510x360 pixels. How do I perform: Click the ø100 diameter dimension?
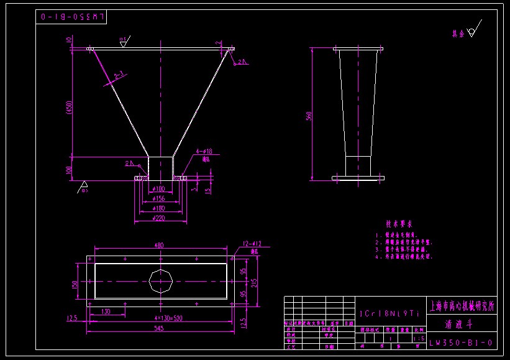pos(160,188)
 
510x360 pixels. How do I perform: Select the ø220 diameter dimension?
pos(160,218)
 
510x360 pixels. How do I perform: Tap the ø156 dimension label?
pos(160,198)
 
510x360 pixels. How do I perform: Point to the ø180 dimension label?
pos(160,208)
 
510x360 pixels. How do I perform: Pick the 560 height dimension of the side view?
pos(308,116)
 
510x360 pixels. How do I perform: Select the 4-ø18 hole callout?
pos(204,151)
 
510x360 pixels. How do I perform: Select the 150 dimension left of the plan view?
pos(75,284)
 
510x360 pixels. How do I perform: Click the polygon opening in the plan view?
pos(161,282)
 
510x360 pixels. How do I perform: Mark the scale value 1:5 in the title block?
pos(419,338)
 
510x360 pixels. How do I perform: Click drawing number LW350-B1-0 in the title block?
pos(462,343)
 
